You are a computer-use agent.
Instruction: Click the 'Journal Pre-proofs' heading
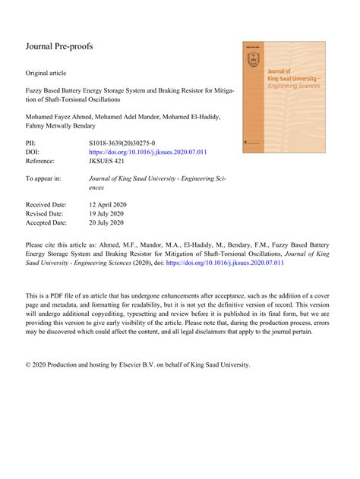point(59,46)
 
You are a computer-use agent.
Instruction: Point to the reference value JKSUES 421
point(111,162)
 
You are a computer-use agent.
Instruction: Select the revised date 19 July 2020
point(113,214)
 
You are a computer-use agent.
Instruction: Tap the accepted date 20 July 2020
point(113,223)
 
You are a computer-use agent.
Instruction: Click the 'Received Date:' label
point(46,205)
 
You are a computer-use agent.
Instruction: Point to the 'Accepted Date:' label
point(46,223)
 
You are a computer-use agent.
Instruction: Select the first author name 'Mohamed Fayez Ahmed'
point(60,115)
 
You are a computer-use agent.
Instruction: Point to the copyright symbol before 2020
point(29,364)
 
